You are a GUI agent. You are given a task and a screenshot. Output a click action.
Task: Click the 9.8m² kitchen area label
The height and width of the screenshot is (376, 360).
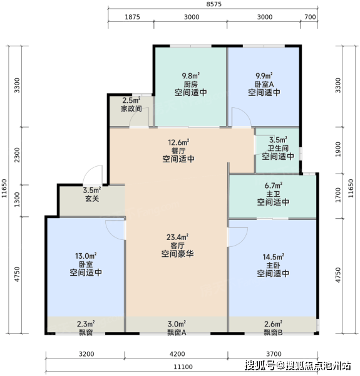pyautogui.click(x=191, y=76)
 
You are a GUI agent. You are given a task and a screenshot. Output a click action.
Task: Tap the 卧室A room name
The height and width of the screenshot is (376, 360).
pyautogui.click(x=264, y=84)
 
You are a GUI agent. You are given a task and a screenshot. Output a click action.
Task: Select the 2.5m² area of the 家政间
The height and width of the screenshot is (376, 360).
pyautogui.click(x=131, y=100)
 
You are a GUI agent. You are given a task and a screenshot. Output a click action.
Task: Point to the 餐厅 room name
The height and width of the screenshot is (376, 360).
pyautogui.click(x=178, y=151)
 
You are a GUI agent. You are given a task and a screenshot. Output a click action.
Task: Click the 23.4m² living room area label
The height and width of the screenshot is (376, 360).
pyautogui.click(x=177, y=237)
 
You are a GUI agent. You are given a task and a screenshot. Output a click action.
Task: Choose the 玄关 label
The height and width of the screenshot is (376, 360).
pyautogui.click(x=92, y=199)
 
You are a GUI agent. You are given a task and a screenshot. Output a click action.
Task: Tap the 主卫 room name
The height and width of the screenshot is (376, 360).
pyautogui.click(x=274, y=194)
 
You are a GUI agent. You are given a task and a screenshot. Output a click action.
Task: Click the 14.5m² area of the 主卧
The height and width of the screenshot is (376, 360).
pyautogui.click(x=274, y=257)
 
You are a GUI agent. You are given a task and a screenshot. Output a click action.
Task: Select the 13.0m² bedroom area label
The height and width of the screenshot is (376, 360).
pyautogui.click(x=86, y=256)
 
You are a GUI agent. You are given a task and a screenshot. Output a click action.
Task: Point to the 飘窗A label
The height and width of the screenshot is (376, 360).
pyautogui.click(x=177, y=333)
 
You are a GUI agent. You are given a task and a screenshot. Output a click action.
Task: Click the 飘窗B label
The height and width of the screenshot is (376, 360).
pyautogui.click(x=274, y=333)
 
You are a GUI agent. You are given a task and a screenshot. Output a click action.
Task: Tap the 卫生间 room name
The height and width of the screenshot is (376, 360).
pyautogui.click(x=278, y=148)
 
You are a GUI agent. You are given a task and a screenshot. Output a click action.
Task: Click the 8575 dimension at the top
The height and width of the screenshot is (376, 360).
pyautogui.click(x=213, y=4)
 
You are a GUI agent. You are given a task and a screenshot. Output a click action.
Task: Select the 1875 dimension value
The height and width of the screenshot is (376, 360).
pyautogui.click(x=132, y=17)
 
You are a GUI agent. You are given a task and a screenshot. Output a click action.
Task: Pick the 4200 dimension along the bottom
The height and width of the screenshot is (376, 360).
pyautogui.click(x=177, y=354)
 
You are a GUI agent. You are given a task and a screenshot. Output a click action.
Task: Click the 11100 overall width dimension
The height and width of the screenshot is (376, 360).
pyautogui.click(x=183, y=367)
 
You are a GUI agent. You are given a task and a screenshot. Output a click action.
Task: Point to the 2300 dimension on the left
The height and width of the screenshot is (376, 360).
pyautogui.click(x=17, y=155)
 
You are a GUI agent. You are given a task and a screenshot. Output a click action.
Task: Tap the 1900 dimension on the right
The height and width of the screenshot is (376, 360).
pyautogui.click(x=337, y=149)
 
